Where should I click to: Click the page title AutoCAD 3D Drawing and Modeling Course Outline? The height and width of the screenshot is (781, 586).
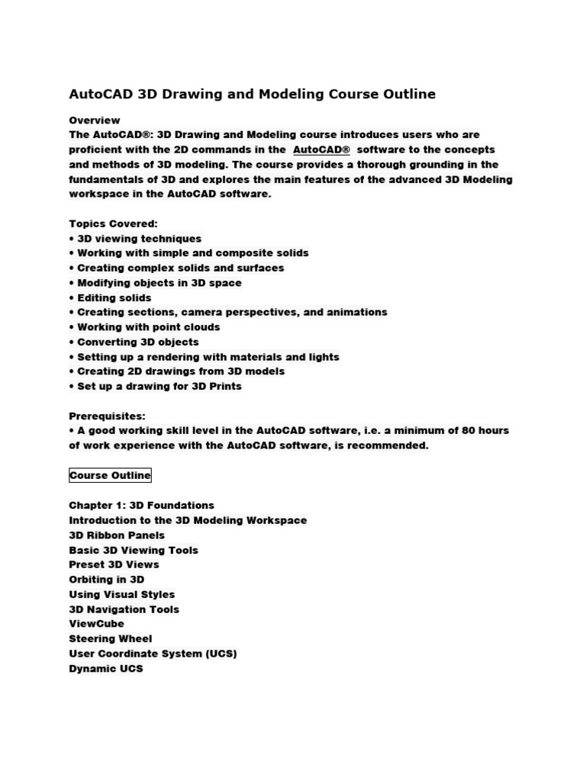point(253,95)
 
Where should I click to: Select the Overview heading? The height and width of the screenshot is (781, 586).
point(95,121)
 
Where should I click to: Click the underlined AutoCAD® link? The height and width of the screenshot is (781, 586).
point(321,149)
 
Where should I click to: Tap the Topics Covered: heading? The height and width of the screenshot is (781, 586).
point(113,224)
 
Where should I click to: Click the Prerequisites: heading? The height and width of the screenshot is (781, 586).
point(107,416)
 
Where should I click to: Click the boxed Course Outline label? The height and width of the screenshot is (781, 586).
point(111,475)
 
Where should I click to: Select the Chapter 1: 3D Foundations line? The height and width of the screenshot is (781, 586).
point(142,506)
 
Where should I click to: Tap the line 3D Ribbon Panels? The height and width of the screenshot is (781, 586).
point(117,535)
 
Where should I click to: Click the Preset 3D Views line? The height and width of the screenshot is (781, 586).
point(114,564)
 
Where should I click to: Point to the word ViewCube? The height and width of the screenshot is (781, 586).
point(96,624)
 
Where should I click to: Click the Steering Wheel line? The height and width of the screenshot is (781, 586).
point(111,638)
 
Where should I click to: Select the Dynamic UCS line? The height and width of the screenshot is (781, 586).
point(106,669)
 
